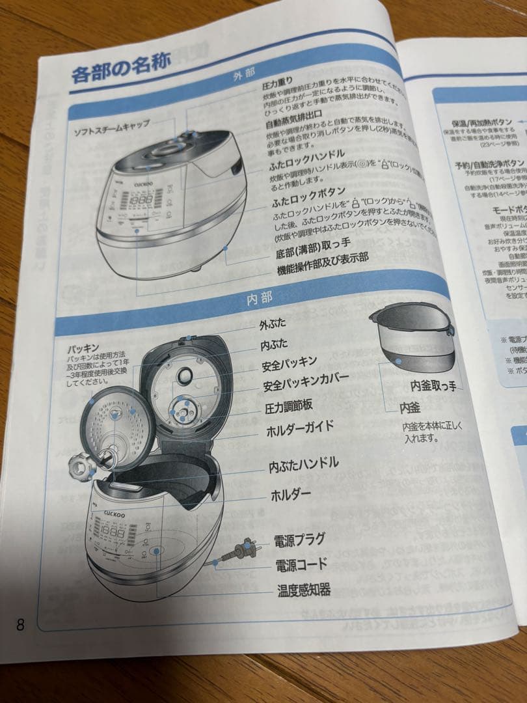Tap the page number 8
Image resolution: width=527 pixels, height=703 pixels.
(20, 626)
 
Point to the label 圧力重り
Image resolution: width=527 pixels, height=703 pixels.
(278, 85)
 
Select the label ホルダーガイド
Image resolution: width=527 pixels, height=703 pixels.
(300, 429)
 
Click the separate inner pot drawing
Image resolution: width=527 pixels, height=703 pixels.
(412, 338)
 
